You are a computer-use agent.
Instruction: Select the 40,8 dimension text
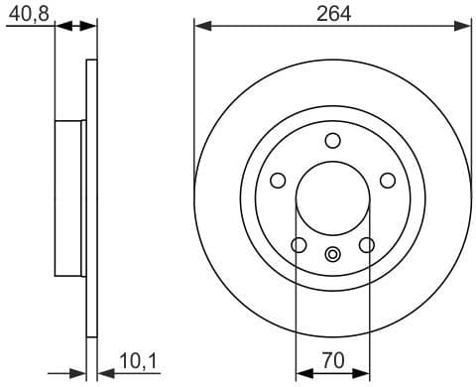[x=27, y=13]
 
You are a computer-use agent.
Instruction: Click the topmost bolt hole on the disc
[x=332, y=139]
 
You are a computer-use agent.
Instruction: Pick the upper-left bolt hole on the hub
[x=278, y=180]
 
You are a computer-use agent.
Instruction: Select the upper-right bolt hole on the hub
[x=387, y=180]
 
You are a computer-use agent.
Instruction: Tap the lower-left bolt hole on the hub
[x=298, y=244]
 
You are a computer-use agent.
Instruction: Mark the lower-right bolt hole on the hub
[x=366, y=244]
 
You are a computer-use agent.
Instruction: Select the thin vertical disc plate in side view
[x=92, y=198]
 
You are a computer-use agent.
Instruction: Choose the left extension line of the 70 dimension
[x=297, y=298]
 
